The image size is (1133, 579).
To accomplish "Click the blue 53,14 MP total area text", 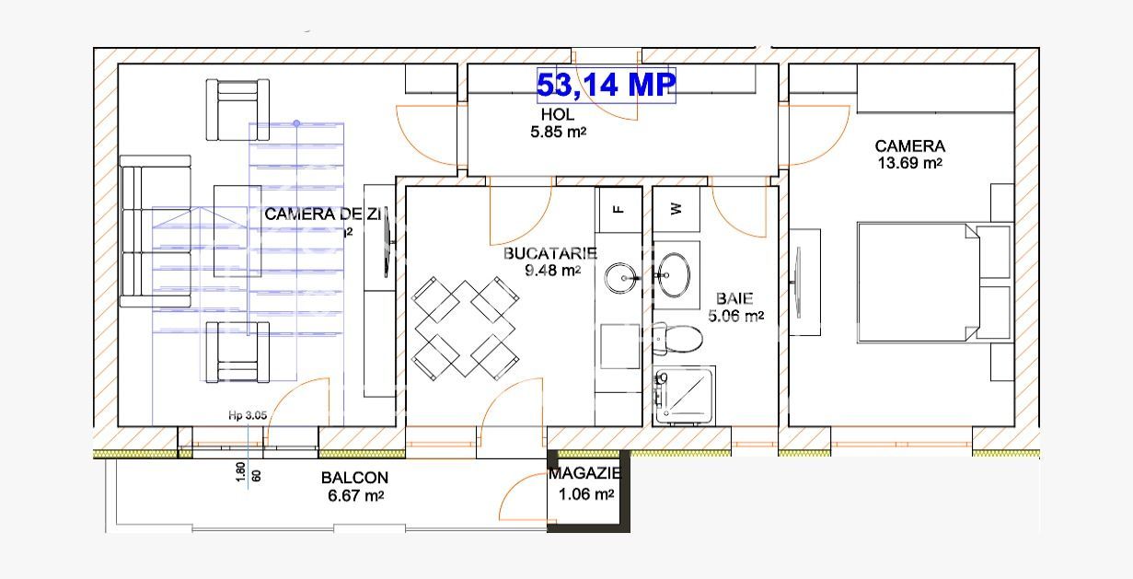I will (x=607, y=85).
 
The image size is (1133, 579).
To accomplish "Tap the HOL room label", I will (x=558, y=115).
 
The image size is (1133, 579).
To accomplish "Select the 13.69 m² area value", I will (x=909, y=163).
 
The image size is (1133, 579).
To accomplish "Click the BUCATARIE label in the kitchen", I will (x=550, y=253).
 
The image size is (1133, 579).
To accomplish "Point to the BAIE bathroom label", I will (x=734, y=298).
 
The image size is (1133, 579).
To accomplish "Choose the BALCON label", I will (x=354, y=478).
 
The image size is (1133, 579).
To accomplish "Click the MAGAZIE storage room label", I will (x=584, y=474).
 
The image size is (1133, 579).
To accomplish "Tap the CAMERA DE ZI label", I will (x=323, y=214).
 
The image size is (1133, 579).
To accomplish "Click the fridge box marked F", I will (x=619, y=209).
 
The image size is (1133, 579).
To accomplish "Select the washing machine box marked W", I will (x=676, y=209).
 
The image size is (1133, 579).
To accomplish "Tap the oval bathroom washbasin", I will (x=676, y=273).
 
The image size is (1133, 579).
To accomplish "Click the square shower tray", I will (x=685, y=396).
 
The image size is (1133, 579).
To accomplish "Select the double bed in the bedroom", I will (x=921, y=282).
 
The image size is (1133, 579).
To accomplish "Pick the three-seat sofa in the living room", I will (x=155, y=231).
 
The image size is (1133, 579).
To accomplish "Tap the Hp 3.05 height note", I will (x=248, y=415).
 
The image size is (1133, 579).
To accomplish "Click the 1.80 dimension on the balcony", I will (x=240, y=472).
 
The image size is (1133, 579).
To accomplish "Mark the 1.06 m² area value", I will (x=585, y=494).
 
